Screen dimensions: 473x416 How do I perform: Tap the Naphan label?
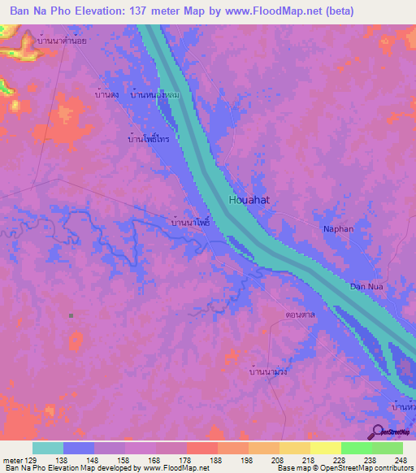pos(338,229)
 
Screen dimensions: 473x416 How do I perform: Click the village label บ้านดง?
pos(106,95)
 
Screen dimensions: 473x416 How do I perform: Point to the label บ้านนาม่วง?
pos(268,371)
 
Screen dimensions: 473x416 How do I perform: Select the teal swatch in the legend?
pos(48,448)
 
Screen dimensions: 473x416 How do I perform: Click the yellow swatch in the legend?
pos(325,448)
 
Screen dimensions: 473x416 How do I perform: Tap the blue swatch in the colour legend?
pos(79,448)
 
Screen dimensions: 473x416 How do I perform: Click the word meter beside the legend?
pos(13,459)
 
